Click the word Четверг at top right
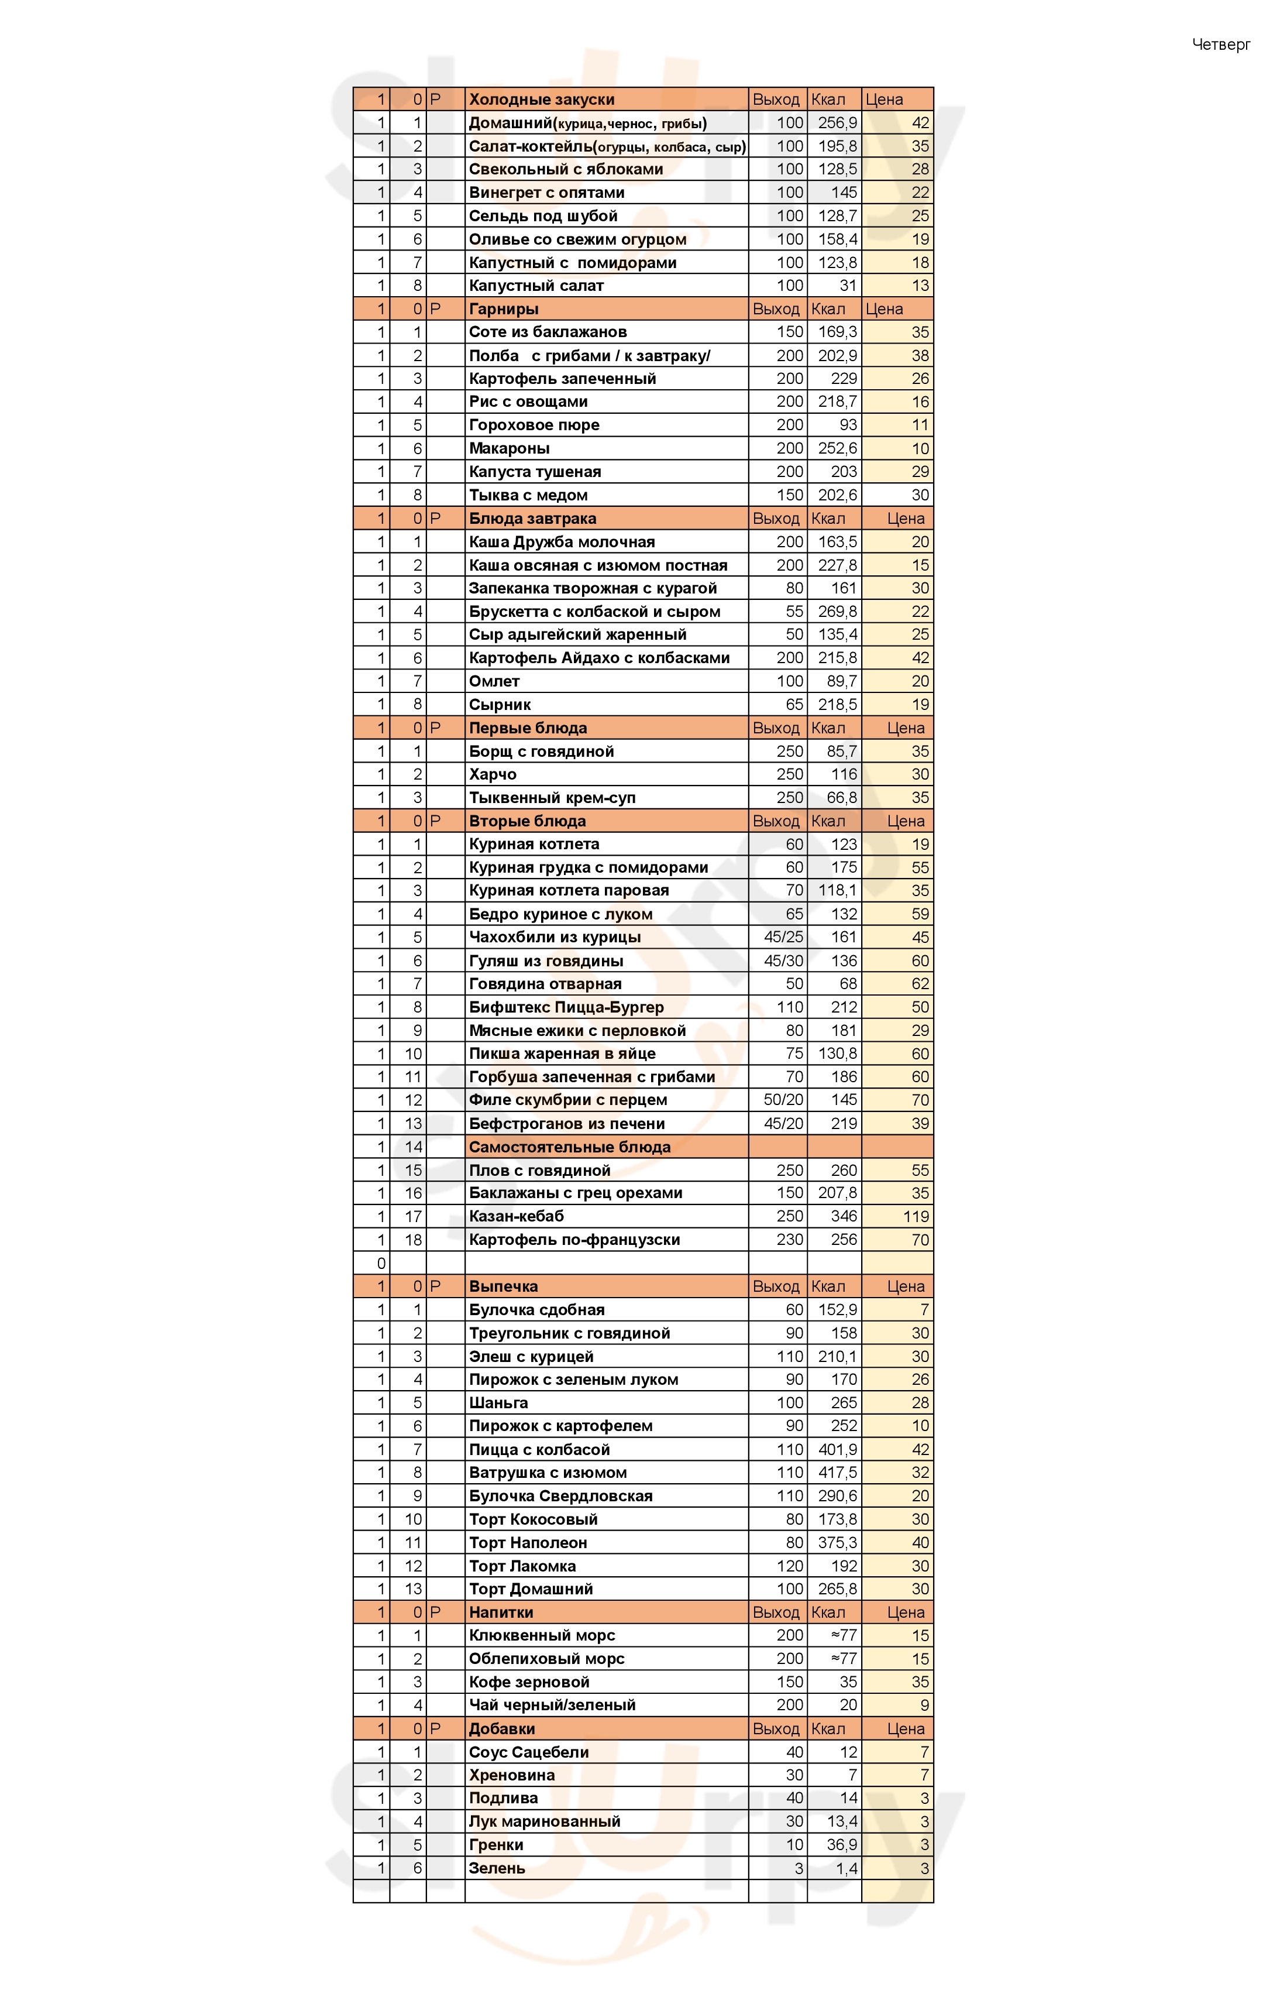pos(1220,44)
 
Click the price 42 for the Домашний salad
pos(919,123)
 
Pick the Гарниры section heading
pos(503,310)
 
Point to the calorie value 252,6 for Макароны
pos(837,449)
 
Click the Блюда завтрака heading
pos(532,519)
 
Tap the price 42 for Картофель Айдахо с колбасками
pos(919,658)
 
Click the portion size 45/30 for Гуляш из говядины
pos(783,960)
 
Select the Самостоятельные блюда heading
pos(569,1147)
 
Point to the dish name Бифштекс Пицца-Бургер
pos(566,1007)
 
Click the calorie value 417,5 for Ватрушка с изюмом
pos(837,1473)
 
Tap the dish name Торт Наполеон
pos(527,1543)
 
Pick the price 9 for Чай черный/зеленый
pos(924,1706)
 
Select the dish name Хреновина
pos(511,1775)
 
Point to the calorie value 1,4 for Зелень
pos(846,1869)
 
